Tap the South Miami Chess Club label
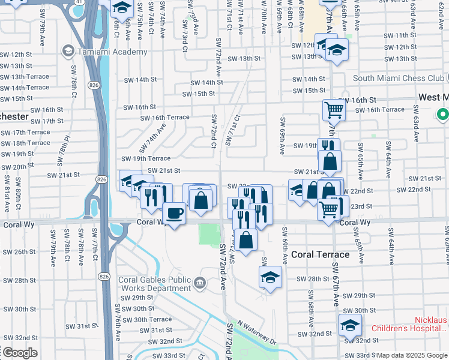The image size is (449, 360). point(398,78)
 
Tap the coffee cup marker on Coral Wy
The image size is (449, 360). point(174,213)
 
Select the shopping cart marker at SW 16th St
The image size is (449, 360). point(334,110)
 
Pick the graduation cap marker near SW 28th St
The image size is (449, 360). point(270,277)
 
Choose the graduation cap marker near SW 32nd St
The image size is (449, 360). point(349,325)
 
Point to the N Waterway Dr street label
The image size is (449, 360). point(256,331)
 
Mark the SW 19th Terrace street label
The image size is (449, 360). point(146,158)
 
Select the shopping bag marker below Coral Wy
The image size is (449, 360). point(246,239)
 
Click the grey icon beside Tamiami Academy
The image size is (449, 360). point(66,52)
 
